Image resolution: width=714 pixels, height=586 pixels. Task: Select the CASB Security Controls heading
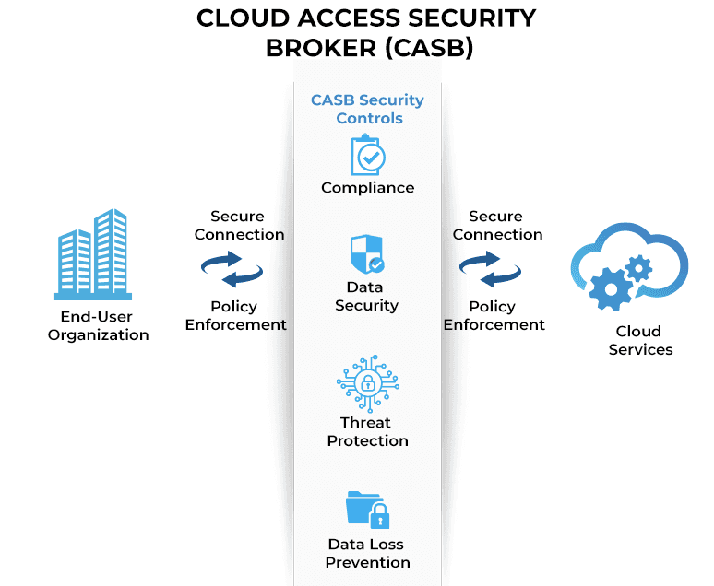point(367,109)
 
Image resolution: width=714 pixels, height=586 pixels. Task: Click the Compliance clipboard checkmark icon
point(367,155)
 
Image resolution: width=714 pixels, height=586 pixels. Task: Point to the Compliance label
point(367,188)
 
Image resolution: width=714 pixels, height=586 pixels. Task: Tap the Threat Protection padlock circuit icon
point(367,383)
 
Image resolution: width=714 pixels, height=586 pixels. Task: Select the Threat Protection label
point(367,431)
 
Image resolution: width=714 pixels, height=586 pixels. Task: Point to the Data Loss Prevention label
point(367,553)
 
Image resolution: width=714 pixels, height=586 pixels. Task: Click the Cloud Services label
point(640,340)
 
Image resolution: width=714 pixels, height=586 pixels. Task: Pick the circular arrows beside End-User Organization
point(232,271)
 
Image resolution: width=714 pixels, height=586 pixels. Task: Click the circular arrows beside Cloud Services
point(491,271)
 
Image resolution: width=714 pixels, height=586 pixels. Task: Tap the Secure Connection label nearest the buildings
point(238,225)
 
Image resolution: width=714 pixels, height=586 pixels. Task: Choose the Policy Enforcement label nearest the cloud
point(494,315)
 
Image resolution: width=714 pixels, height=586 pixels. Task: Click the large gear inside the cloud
point(610,289)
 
